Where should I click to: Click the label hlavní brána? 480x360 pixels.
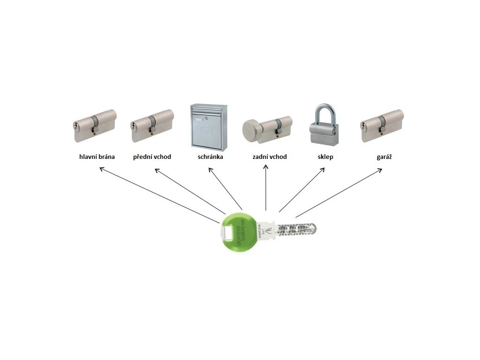click(x=97, y=157)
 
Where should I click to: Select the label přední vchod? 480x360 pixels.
click(x=152, y=157)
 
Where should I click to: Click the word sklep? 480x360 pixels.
click(x=325, y=157)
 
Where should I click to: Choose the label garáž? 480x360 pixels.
click(x=382, y=157)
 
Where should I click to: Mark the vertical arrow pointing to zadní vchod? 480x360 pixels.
click(x=266, y=187)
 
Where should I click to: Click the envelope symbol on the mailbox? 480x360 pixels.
click(x=207, y=132)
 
